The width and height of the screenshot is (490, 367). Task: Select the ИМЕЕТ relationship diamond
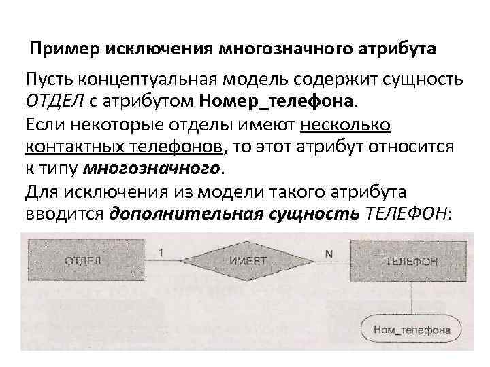click(244, 260)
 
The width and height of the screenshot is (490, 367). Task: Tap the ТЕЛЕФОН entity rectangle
click(410, 260)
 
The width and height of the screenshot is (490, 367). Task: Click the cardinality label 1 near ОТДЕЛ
click(160, 253)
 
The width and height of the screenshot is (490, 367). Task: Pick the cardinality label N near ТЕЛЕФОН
click(329, 253)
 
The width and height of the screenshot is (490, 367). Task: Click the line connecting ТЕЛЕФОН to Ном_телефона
click(411, 296)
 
